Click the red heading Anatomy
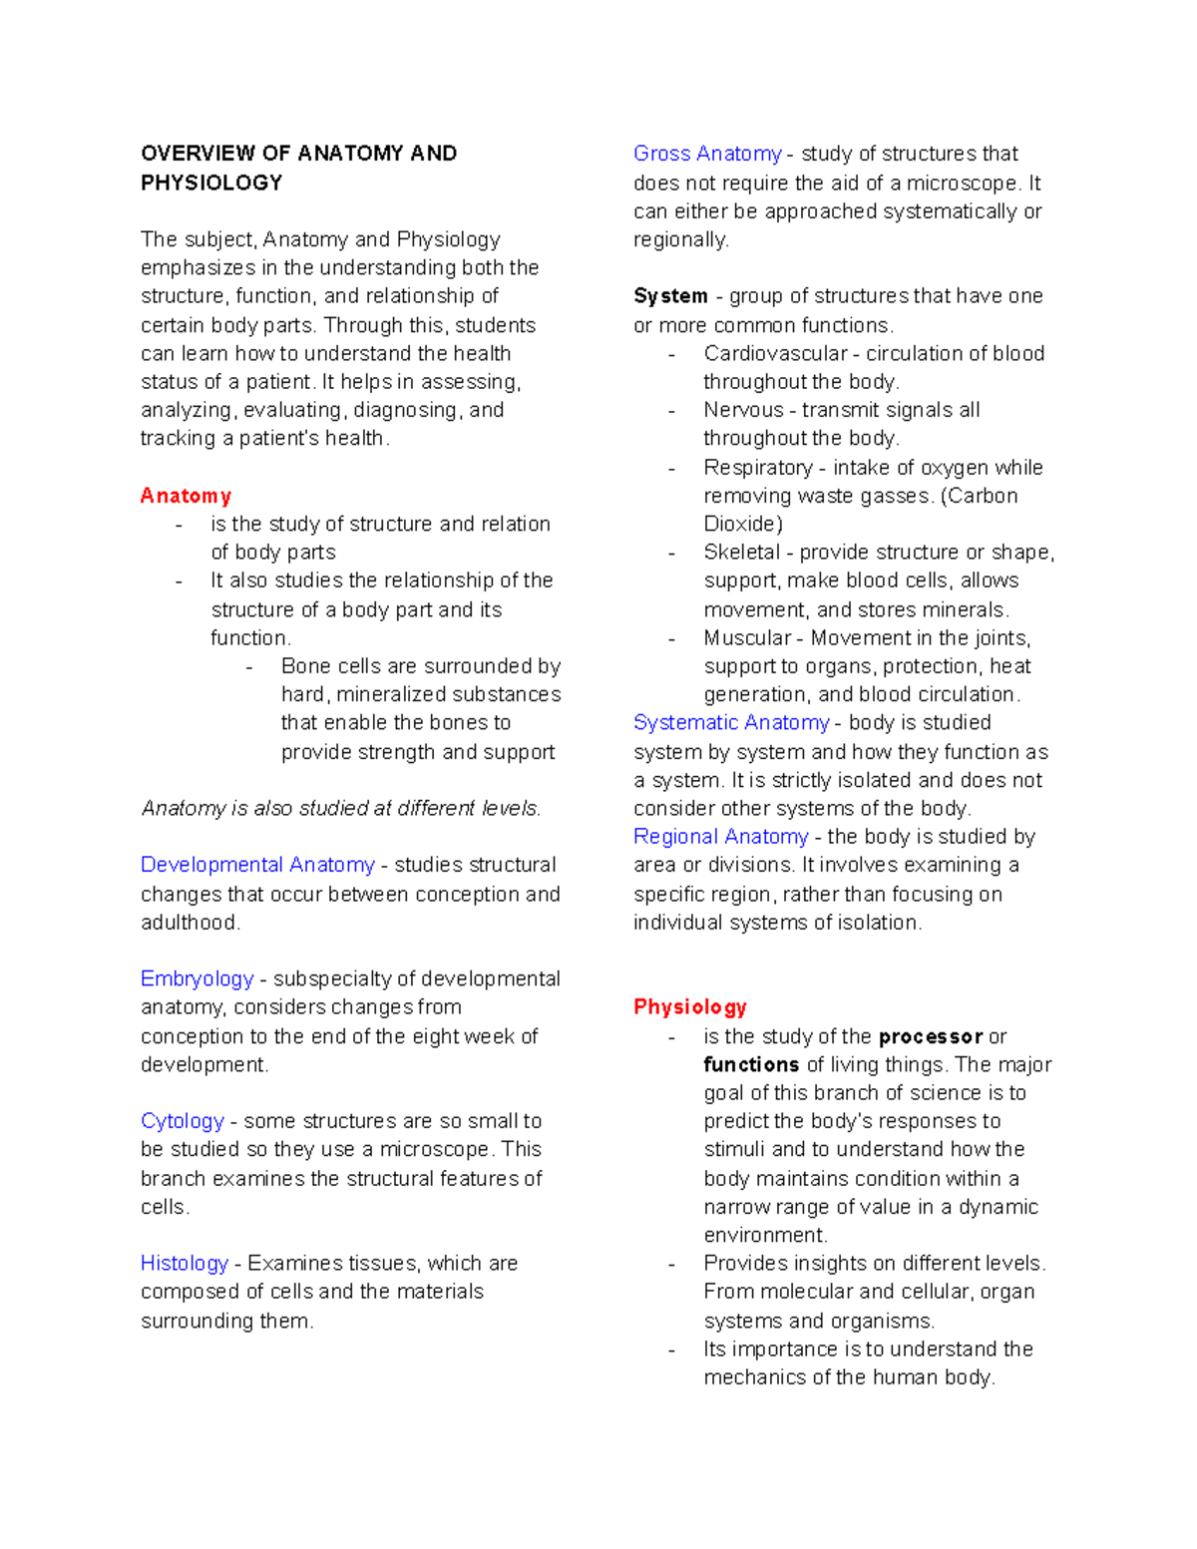point(186,496)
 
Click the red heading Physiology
point(689,1006)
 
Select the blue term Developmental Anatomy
point(257,865)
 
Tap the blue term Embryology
point(197,978)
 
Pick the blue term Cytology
point(182,1121)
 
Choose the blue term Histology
point(184,1263)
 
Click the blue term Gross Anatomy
point(707,154)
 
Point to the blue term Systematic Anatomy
point(731,722)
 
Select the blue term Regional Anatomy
point(720,836)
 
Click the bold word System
point(670,296)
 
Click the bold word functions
point(751,1064)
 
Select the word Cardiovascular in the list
point(775,353)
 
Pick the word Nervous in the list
point(743,410)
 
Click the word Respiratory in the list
point(757,468)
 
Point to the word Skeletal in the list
point(741,552)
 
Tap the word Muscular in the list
point(747,637)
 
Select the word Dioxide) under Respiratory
point(743,524)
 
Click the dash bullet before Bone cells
point(249,666)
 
